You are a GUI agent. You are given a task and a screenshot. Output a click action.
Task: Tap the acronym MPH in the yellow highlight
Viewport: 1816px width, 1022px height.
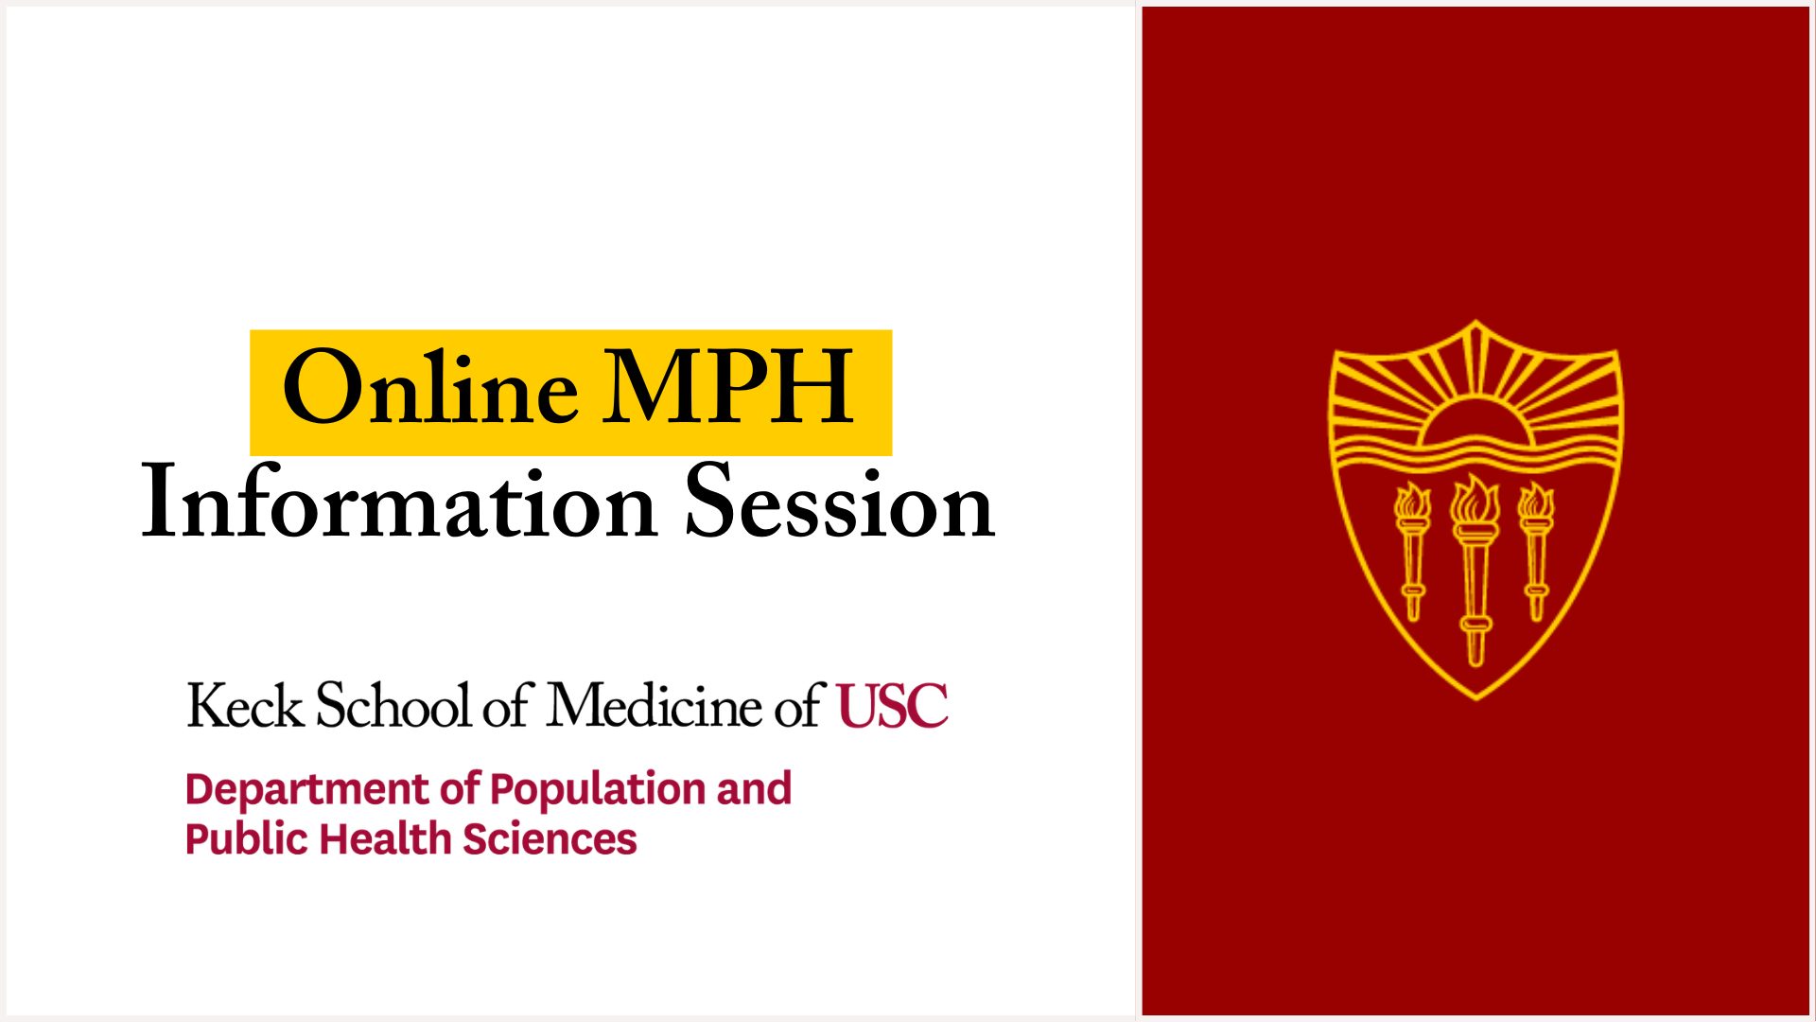729,386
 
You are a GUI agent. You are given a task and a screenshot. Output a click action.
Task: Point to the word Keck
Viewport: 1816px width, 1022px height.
246,706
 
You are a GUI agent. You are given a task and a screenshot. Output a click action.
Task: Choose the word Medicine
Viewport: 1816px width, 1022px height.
655,706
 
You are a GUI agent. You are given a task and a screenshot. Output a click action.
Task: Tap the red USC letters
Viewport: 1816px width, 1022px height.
893,706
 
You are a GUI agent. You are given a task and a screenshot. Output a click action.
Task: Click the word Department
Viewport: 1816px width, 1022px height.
307,790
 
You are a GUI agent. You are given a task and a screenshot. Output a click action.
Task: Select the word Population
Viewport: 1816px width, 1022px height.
598,790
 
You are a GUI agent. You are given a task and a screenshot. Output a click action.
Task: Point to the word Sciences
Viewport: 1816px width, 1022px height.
550,839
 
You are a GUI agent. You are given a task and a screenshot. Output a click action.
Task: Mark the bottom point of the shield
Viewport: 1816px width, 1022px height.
1476,699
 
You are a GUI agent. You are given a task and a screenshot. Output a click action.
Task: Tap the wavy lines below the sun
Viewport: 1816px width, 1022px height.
1475,455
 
